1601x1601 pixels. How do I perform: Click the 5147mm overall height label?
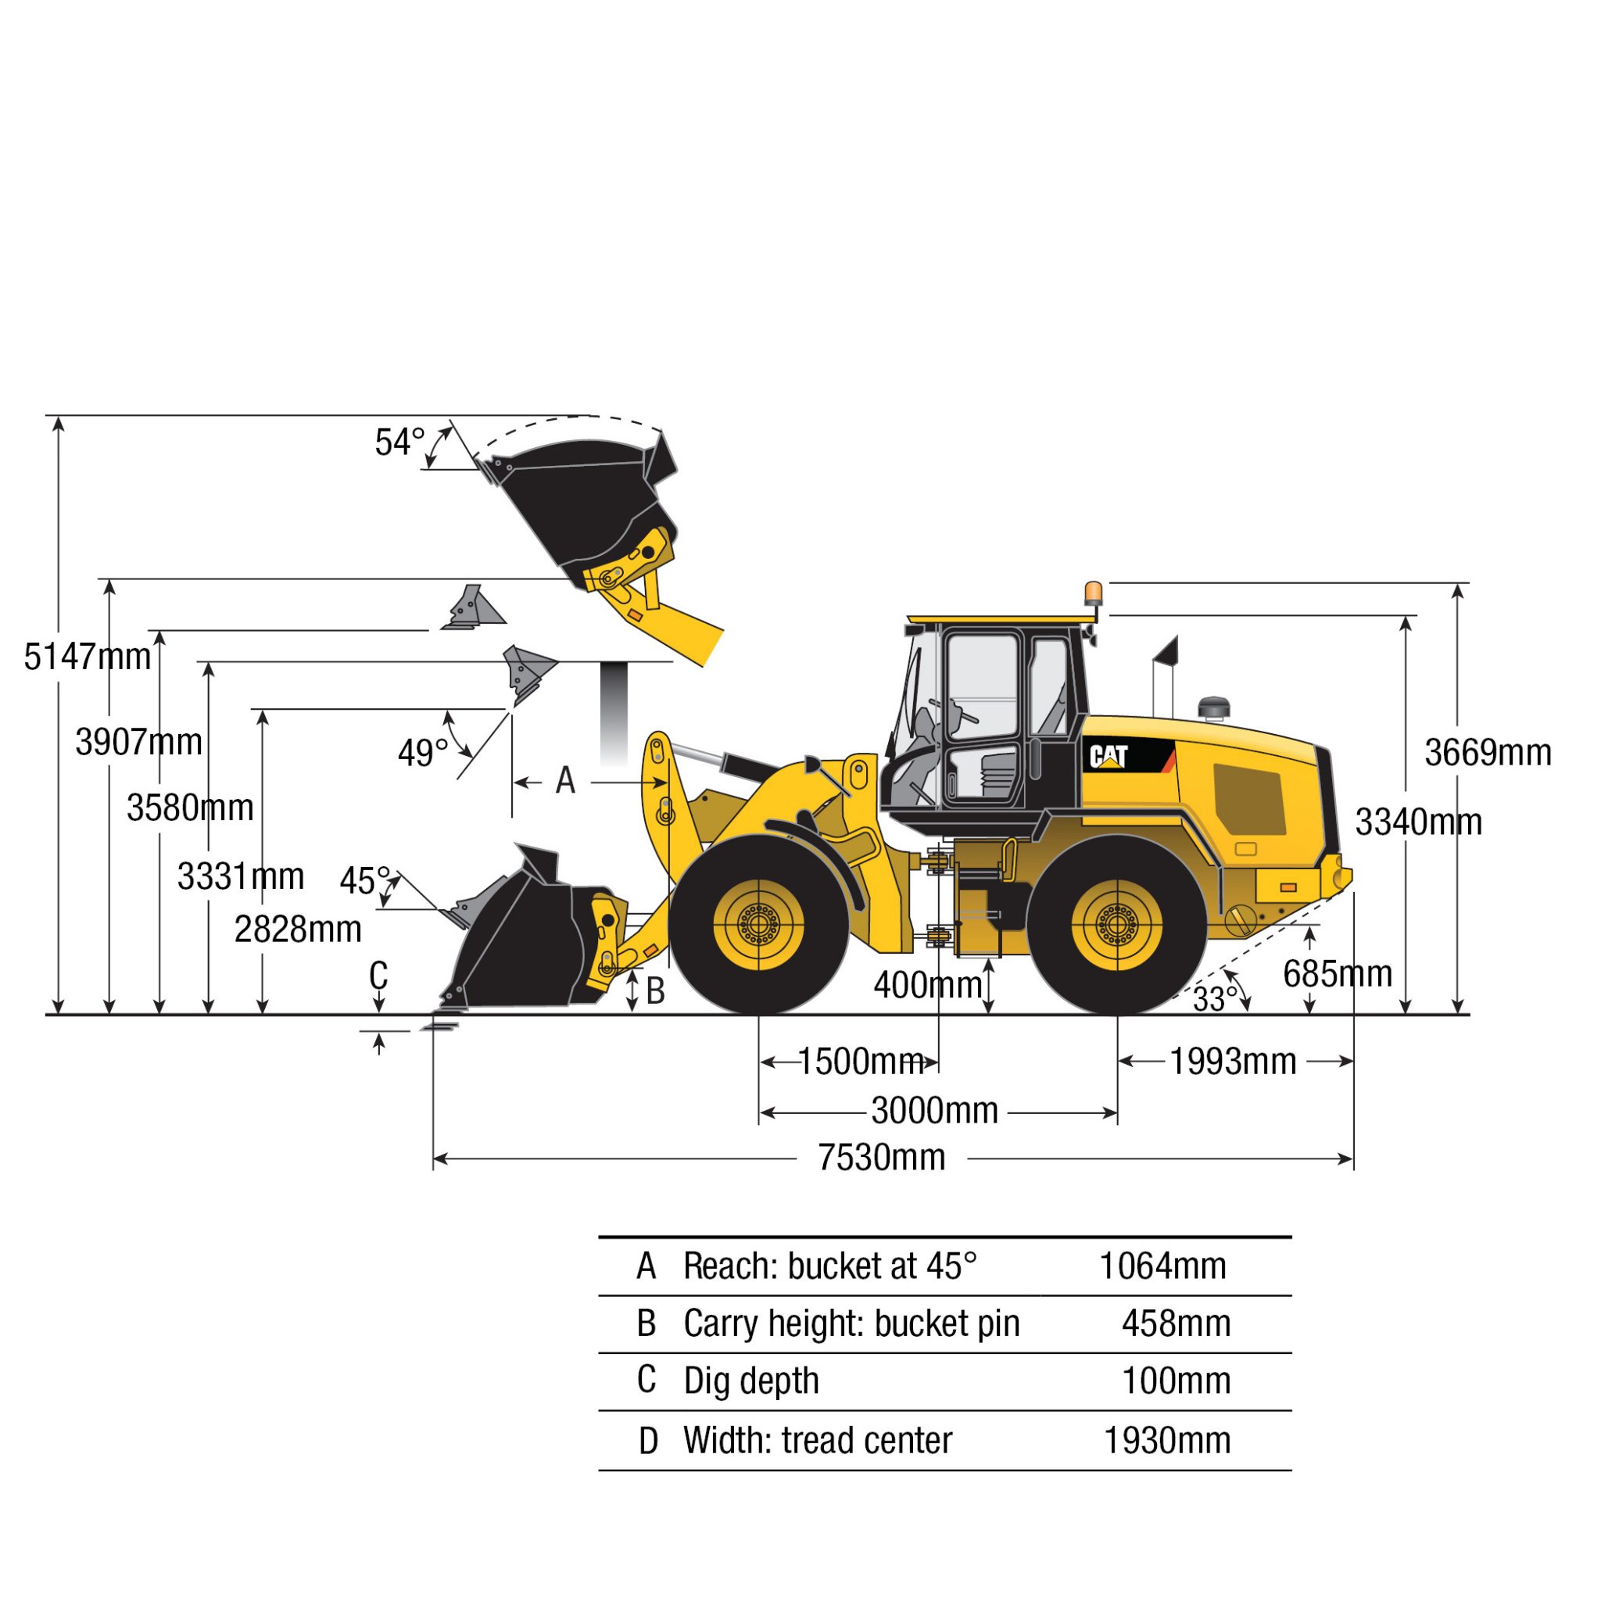87,657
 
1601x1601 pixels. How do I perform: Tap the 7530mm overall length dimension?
881,1158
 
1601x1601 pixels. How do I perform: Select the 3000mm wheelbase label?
934,1110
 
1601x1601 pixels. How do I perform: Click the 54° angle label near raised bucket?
399,442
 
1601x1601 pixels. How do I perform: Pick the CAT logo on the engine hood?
1108,756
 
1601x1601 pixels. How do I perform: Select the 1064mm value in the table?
1162,1266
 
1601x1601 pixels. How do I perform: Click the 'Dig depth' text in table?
750,1381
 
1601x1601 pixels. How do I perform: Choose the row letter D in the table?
648,1441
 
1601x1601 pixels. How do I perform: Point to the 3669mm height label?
1488,753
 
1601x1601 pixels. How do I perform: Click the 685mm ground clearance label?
1338,974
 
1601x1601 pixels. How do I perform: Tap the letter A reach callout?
565,781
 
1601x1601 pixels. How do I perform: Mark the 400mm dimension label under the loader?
927,985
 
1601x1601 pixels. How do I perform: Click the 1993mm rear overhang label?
1232,1062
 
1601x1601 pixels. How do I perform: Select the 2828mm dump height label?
298,929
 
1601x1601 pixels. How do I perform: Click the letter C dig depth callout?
378,976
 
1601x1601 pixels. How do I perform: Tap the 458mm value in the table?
1175,1323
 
